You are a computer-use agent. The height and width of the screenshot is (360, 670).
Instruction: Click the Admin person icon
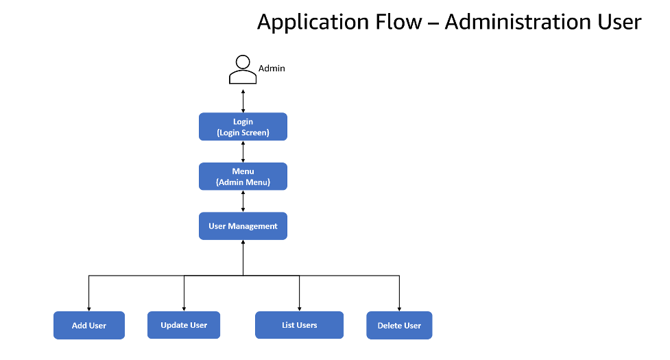click(243, 69)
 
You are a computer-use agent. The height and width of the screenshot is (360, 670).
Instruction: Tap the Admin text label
click(272, 68)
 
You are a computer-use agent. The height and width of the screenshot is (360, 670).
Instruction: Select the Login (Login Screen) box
click(243, 127)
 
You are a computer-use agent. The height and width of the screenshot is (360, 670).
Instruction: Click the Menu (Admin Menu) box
click(243, 176)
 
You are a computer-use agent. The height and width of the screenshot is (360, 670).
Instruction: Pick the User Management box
click(243, 226)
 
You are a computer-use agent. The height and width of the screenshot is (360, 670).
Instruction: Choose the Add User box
click(89, 325)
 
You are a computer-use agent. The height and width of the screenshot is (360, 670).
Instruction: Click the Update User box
click(184, 325)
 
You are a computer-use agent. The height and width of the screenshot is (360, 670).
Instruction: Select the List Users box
click(300, 325)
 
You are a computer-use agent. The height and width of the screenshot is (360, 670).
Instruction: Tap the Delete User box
click(399, 325)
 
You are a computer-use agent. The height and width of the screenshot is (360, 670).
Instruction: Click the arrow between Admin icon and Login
click(243, 99)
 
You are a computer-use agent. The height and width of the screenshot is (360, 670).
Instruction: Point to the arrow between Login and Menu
click(243, 152)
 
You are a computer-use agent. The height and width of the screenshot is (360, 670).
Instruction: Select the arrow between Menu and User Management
click(243, 201)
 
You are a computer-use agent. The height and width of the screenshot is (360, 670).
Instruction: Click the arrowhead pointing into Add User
click(89, 308)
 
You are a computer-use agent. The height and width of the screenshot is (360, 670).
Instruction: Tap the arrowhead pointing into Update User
click(184, 308)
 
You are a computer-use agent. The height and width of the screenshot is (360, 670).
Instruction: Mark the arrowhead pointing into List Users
click(300, 308)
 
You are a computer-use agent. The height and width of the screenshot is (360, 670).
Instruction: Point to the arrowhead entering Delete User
click(399, 308)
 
